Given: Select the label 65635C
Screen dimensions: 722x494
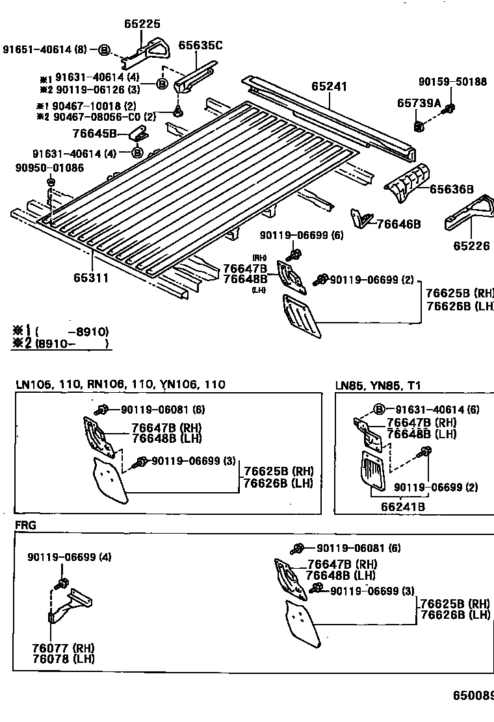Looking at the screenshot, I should pos(200,45).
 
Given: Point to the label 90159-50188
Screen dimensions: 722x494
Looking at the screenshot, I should pos(452,82).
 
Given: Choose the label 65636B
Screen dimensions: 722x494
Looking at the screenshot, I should pos(451,190).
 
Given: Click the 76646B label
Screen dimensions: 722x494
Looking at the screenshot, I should pos(398,224).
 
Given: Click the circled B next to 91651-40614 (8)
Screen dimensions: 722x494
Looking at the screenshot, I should pos(105,49).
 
